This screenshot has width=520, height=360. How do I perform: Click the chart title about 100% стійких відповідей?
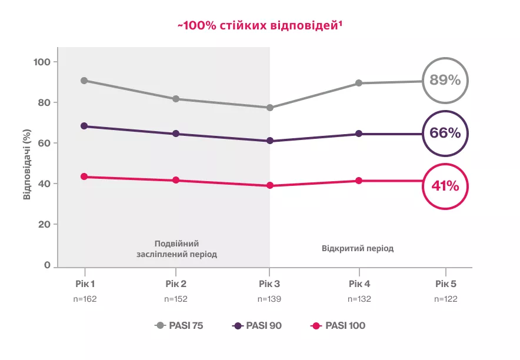[x=260, y=26]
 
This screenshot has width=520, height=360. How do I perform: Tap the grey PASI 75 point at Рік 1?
[x=84, y=81]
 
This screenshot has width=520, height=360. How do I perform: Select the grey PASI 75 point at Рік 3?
[x=269, y=108]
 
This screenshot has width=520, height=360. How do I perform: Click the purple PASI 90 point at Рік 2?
[x=176, y=134]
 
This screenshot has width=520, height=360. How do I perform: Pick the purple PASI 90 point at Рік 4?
[x=358, y=134]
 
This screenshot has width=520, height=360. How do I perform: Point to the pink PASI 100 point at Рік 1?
[x=84, y=176]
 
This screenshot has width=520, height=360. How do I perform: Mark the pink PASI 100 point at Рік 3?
[x=269, y=185]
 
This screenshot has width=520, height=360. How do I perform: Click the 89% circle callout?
[x=445, y=81]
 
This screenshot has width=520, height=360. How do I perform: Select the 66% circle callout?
[x=445, y=134]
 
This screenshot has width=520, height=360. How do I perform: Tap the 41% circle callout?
[x=445, y=186]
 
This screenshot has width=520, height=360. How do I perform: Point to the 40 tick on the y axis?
[x=45, y=184]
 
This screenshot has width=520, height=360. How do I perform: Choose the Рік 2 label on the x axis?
[x=176, y=284]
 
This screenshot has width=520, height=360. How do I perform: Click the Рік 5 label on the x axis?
[x=445, y=284]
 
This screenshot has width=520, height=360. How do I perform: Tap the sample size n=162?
[x=84, y=299]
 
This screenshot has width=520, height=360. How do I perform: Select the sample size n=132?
[x=358, y=299]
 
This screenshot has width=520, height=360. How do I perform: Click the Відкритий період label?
[x=358, y=248]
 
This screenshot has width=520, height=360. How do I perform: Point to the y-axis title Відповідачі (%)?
[x=27, y=165]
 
